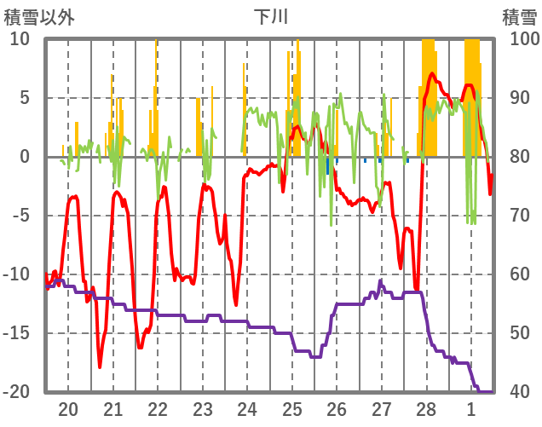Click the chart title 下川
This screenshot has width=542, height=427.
point(270,16)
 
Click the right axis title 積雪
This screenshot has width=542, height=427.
point(519,16)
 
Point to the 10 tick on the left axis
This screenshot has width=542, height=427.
point(20,39)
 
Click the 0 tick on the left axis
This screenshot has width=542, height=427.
point(26,157)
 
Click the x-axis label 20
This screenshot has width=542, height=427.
point(68,409)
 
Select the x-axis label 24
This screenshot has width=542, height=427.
point(247,409)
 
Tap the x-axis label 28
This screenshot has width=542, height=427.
point(426,409)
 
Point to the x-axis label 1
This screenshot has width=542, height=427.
point(471,409)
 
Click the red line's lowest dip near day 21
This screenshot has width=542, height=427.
point(100,366)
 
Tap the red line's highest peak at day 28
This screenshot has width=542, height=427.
point(432,74)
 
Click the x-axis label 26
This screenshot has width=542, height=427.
point(337,409)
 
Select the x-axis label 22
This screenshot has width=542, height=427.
point(158,409)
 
